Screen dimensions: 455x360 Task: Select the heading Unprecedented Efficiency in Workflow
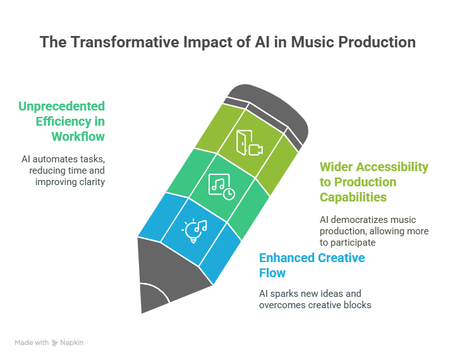coord(61,121)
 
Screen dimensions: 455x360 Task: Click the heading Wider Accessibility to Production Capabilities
coord(374,182)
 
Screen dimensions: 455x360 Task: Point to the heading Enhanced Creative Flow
coord(312,265)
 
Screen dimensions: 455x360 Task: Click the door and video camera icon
coord(249,143)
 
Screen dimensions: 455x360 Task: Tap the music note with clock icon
coord(222,186)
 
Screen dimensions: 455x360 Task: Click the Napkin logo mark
coord(54,342)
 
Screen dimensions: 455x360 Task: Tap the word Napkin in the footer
coord(71,343)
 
